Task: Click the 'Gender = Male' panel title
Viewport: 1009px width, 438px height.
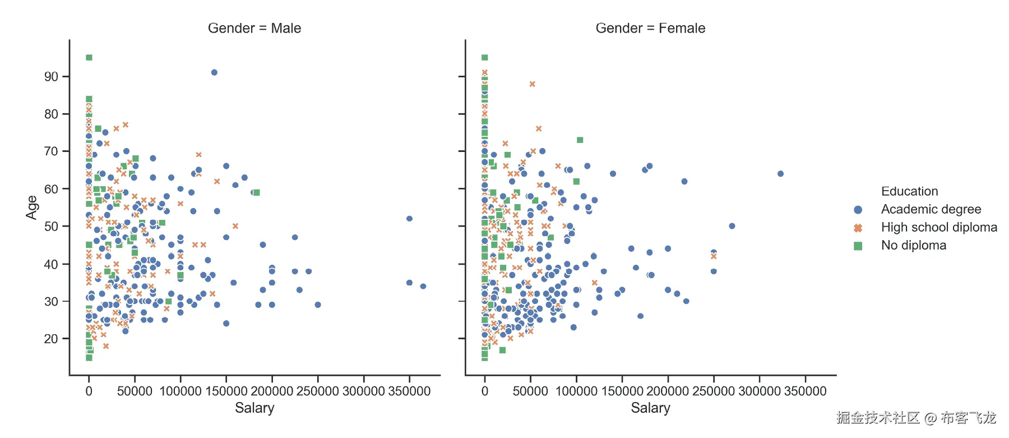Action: (x=254, y=28)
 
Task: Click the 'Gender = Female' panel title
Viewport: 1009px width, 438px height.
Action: (x=650, y=28)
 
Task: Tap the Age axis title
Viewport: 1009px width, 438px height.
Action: (x=32, y=207)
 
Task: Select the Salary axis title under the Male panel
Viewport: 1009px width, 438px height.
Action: (x=254, y=408)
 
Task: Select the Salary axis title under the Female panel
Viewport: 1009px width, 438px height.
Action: (x=650, y=408)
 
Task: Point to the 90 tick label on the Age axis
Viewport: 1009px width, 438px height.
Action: (x=51, y=76)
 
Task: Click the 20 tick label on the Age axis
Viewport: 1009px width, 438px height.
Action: (x=51, y=339)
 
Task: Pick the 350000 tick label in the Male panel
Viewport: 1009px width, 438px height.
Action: (x=409, y=391)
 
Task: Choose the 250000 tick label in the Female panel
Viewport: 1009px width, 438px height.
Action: (x=714, y=391)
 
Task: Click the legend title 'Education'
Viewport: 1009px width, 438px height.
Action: (x=909, y=191)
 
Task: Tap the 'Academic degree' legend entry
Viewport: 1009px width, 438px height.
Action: (x=931, y=209)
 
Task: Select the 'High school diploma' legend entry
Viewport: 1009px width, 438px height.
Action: (x=939, y=227)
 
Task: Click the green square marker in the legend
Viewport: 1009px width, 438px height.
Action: (x=858, y=246)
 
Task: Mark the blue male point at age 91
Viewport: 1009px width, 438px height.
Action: (x=214, y=72)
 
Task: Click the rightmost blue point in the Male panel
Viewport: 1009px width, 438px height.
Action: (x=423, y=286)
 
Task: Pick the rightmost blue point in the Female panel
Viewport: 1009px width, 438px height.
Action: (x=780, y=174)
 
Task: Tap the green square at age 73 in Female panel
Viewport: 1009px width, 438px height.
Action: (x=580, y=140)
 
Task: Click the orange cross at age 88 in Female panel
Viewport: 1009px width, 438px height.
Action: (x=533, y=84)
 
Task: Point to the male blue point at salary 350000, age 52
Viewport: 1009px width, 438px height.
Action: (x=409, y=219)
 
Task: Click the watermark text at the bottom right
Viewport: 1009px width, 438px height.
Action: (x=916, y=418)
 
